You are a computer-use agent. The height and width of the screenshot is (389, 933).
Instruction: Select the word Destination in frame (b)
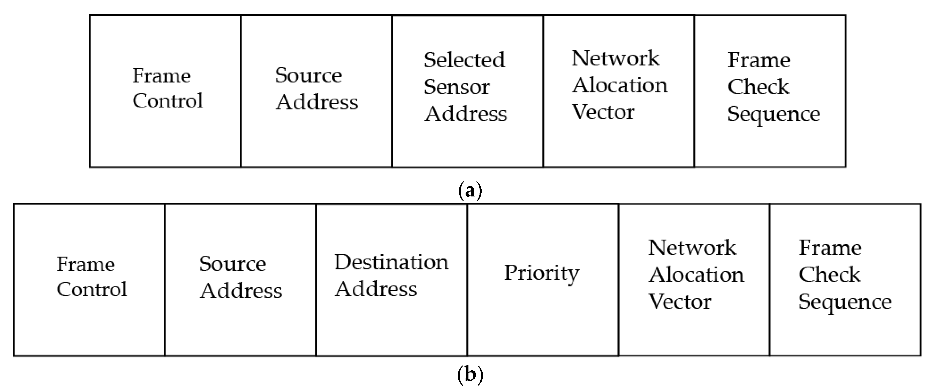391,262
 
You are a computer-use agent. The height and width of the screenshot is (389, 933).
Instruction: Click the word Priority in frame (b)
542,273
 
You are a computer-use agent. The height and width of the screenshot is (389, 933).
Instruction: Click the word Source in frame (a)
308,75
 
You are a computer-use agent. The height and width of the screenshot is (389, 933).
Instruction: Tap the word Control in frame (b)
92,289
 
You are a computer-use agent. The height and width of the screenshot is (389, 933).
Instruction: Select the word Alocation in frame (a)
619,86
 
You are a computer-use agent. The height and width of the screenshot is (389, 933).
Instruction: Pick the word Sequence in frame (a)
774,114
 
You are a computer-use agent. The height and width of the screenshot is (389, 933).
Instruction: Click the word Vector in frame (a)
603,112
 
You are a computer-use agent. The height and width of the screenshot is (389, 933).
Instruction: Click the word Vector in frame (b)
679,302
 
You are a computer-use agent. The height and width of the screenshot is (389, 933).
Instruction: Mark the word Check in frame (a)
758,87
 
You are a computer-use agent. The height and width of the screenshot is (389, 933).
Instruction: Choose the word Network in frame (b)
692,248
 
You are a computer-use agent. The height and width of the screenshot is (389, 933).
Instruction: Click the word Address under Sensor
465,114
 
